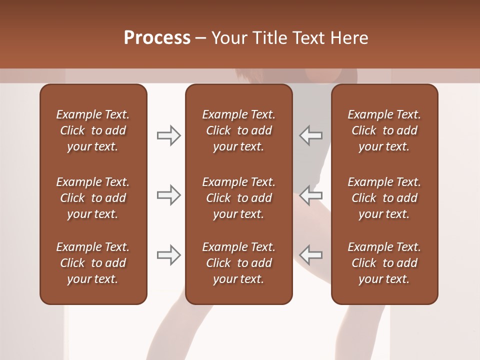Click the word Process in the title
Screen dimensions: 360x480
pos(157,38)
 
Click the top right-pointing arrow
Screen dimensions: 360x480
pos(168,135)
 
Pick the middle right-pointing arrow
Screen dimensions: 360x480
pos(168,195)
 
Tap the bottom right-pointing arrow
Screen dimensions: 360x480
pos(168,255)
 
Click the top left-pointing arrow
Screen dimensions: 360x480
pos(311,135)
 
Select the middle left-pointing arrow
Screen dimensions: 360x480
pos(311,195)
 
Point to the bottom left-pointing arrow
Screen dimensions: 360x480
pos(311,255)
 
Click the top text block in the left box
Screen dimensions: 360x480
pos(93,130)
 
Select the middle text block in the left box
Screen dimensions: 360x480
pos(93,198)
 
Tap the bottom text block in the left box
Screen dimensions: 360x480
pos(93,263)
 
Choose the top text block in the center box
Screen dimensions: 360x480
pos(238,130)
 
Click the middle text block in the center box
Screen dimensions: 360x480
pos(238,198)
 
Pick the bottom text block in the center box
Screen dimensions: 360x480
pos(238,263)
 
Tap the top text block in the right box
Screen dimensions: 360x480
pos(384,130)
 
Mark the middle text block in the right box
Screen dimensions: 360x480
pos(384,198)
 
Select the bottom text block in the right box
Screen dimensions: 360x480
pos(384,263)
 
